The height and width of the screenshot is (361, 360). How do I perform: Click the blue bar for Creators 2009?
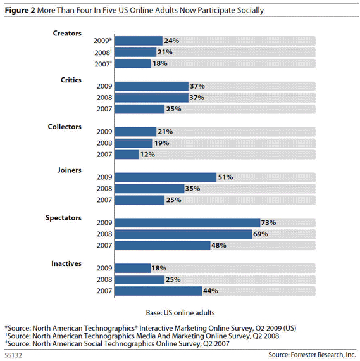point(139,41)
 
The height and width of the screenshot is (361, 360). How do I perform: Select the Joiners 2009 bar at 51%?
point(165,177)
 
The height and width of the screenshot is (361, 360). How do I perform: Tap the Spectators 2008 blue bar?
point(183,234)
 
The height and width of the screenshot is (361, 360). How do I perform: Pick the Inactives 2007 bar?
point(158,291)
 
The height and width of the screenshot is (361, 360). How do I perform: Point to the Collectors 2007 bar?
point(127,155)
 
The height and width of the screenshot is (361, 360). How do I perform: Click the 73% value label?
point(268,223)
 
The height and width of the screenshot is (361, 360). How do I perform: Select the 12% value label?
point(147,155)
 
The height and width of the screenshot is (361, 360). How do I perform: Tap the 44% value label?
point(211,291)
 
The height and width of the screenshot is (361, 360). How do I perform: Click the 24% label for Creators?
point(171,41)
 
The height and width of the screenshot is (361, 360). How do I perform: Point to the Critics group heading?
point(71,80)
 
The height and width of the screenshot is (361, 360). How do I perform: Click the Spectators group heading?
point(63,218)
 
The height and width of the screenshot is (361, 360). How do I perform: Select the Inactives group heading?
point(66,263)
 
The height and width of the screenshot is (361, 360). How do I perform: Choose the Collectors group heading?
point(65,127)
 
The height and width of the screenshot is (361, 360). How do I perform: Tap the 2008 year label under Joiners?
point(104,189)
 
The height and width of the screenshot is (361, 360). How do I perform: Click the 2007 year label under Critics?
point(104,109)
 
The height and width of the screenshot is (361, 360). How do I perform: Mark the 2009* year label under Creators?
point(102,41)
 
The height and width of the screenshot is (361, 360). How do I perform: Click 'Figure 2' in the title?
point(20,11)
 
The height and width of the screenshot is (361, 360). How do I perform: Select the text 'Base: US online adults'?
point(180,313)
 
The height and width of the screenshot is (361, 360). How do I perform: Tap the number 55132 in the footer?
point(13,355)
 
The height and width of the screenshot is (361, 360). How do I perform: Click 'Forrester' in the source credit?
point(303,355)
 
